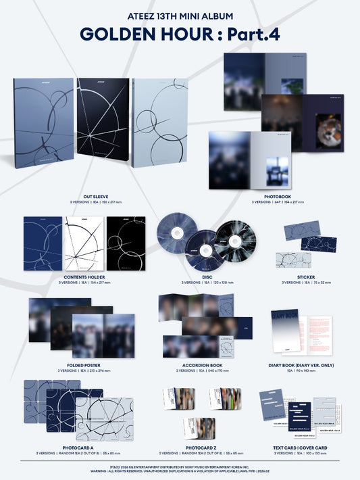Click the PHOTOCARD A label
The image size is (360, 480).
pyautogui.click(x=84, y=448)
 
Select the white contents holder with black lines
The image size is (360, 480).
pyautogui.click(x=84, y=244)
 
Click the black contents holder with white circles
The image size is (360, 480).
pyautogui.click(x=126, y=244)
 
